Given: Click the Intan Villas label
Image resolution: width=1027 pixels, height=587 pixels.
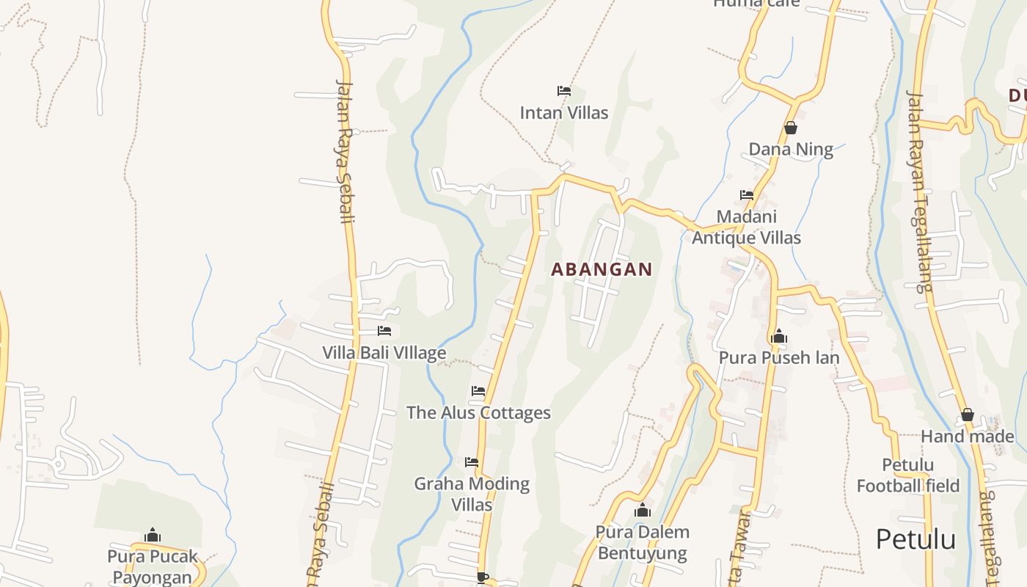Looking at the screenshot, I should pyautogui.click(x=563, y=113).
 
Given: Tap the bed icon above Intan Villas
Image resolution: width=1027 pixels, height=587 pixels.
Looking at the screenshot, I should pyautogui.click(x=563, y=91).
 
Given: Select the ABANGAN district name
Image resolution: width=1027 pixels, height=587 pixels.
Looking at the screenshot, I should pyautogui.click(x=602, y=269).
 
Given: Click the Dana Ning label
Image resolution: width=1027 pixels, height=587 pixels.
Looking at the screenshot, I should pyautogui.click(x=791, y=150).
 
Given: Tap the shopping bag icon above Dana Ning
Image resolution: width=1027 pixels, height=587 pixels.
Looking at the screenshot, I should pyautogui.click(x=791, y=128).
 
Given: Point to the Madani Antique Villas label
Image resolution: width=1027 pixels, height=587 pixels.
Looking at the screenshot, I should pyautogui.click(x=747, y=227).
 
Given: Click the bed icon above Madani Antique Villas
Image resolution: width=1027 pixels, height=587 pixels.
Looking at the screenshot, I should pyautogui.click(x=747, y=195).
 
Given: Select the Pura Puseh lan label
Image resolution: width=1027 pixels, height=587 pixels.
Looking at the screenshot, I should pyautogui.click(x=778, y=358).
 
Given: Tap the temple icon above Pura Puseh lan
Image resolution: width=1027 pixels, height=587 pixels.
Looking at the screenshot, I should pyautogui.click(x=778, y=337).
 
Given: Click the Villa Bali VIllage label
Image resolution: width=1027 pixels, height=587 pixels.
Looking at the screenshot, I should pyautogui.click(x=384, y=353).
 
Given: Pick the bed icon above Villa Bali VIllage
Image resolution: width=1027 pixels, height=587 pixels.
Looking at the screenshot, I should pyautogui.click(x=384, y=331).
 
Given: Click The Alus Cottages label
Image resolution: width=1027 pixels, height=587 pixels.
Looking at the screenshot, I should pyautogui.click(x=478, y=412).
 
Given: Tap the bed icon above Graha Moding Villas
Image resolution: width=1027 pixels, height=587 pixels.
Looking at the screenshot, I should pyautogui.click(x=472, y=462).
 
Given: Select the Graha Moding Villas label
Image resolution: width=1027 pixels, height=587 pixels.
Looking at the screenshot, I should pyautogui.click(x=472, y=494).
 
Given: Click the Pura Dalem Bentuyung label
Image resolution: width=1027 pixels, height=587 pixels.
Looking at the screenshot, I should pyautogui.click(x=642, y=542).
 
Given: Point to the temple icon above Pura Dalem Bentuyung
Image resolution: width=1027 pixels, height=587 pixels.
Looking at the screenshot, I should pyautogui.click(x=643, y=510).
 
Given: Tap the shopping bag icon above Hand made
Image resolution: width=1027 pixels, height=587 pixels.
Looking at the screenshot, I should pyautogui.click(x=968, y=415).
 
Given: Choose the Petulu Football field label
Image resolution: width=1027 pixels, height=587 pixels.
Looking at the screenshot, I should pyautogui.click(x=908, y=475).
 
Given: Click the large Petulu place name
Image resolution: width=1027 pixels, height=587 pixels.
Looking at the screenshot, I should pyautogui.click(x=915, y=539).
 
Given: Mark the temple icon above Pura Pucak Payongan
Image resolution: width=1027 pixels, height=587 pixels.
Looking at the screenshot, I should pyautogui.click(x=153, y=535).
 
